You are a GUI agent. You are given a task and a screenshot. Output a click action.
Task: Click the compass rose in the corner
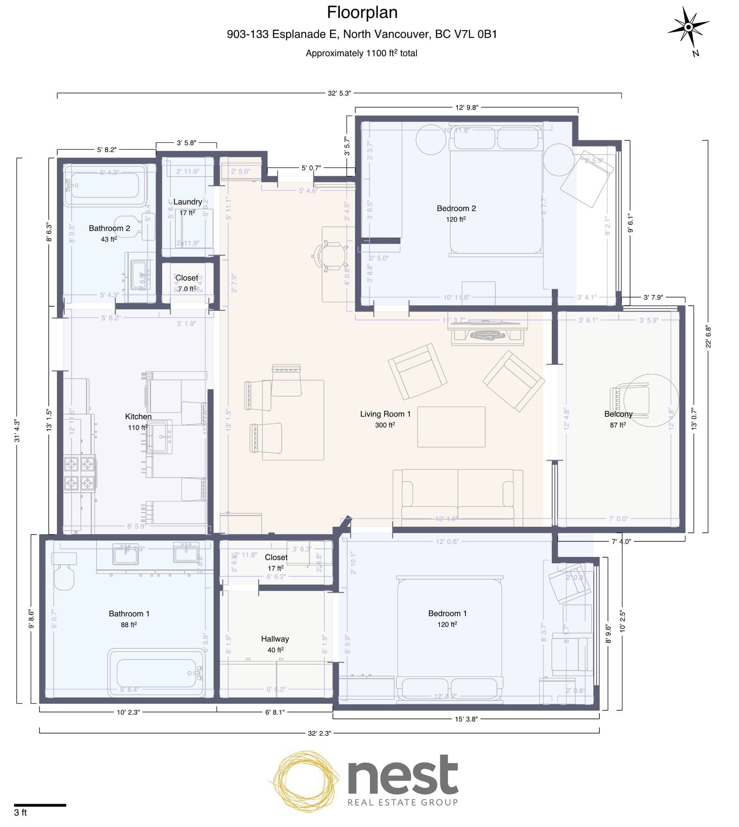688,27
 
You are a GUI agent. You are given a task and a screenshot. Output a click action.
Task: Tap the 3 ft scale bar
40,805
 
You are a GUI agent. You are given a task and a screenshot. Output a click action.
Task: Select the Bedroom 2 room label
456,208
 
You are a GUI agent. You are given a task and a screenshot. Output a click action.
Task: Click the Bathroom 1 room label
129,614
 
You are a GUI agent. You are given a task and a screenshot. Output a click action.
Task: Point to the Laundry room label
188,202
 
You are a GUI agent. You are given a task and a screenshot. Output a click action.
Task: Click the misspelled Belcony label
618,414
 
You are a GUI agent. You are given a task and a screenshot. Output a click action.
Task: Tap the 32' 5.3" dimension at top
339,93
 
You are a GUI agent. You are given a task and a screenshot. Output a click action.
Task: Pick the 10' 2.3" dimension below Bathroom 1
128,712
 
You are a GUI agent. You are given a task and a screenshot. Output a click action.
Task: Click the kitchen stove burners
80,473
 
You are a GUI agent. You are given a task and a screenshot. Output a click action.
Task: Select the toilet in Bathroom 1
64,572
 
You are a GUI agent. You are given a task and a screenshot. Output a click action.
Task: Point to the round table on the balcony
651,400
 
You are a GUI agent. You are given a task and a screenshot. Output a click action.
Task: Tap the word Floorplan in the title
362,13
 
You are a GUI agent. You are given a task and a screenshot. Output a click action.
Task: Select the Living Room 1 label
385,414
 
